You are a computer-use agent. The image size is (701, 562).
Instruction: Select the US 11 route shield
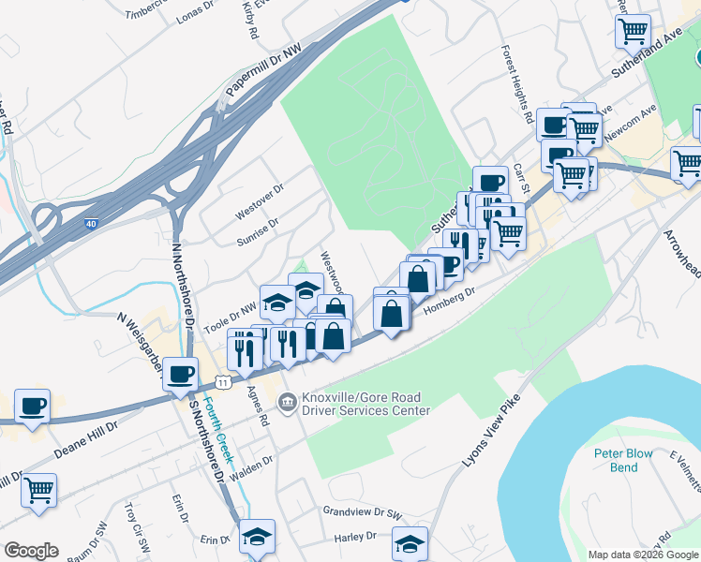tap(222, 382)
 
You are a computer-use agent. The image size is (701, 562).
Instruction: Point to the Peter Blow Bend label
tap(623, 460)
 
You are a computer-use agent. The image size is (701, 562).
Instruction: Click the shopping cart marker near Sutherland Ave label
tap(633, 30)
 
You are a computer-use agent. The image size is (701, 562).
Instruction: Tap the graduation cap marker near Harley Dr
tap(410, 543)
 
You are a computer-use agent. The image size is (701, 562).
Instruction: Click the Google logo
tap(31, 551)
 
